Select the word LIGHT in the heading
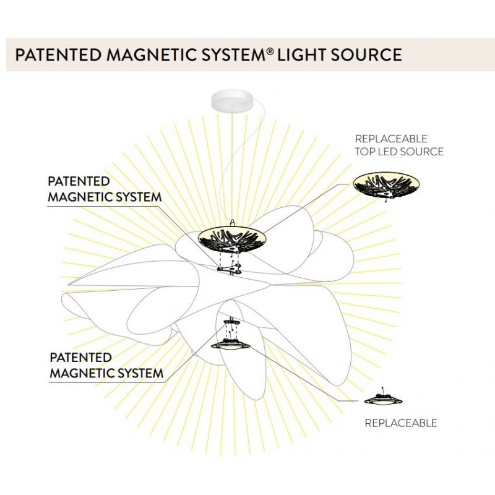point(299,54)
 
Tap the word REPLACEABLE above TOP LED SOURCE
point(390,139)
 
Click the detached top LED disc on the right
point(385,183)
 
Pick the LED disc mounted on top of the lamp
point(231,238)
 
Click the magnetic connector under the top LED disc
point(230,269)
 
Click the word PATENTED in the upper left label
point(79,182)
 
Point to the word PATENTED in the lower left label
point(80,358)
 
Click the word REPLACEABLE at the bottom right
point(400,423)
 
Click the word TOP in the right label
point(364,152)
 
